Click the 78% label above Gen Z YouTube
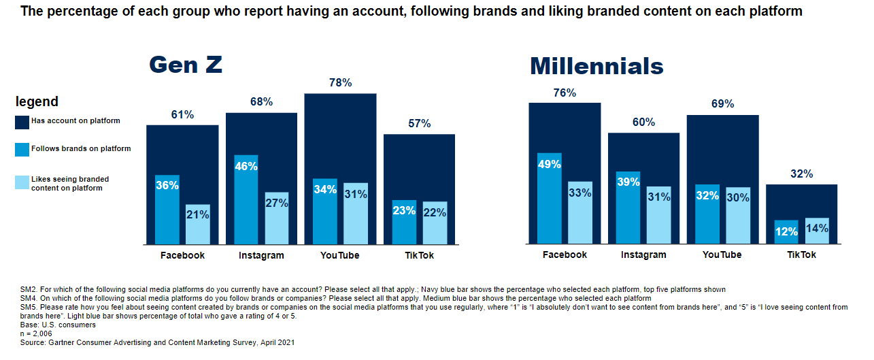(x=340, y=83)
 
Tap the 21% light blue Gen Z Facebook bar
(x=198, y=225)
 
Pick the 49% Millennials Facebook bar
(x=549, y=198)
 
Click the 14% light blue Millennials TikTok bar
(x=817, y=231)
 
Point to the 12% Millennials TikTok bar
(x=786, y=233)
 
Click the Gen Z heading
(x=186, y=65)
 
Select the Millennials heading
(x=596, y=66)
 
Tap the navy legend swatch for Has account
(x=21, y=122)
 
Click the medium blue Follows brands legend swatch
(x=21, y=149)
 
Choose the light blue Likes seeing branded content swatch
(x=21, y=182)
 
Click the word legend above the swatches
(x=37, y=102)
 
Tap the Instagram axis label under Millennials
(x=643, y=255)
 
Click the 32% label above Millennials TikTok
(x=802, y=174)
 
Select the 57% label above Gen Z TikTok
(x=419, y=124)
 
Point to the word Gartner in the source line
(x=65, y=342)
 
